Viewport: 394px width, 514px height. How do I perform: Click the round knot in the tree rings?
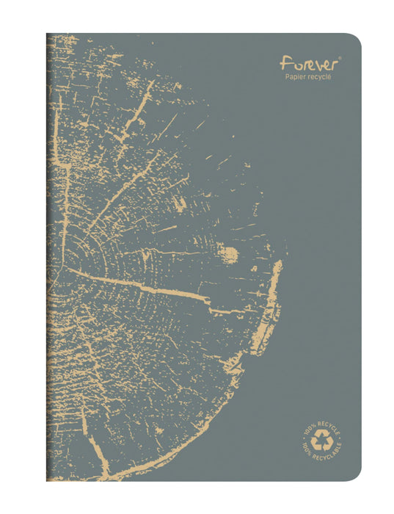tap(228, 255)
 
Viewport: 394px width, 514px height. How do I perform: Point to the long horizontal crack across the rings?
tap(139, 282)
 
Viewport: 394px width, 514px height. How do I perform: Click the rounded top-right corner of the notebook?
tap(356, 38)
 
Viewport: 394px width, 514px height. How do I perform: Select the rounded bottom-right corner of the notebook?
tap(356, 477)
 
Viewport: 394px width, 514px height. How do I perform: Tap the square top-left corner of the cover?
tap(48, 35)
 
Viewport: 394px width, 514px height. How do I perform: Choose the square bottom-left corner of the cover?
tap(48, 480)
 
